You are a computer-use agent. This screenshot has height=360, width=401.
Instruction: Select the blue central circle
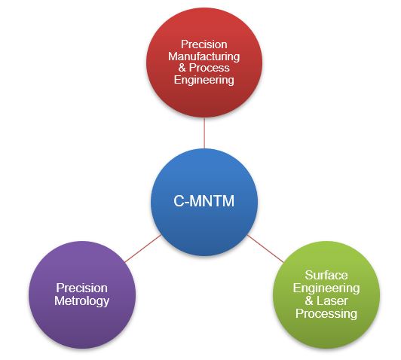[x=204, y=202]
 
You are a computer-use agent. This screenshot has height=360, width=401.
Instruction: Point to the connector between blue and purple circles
[x=142, y=249]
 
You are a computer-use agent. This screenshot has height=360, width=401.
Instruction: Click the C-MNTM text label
[x=204, y=202]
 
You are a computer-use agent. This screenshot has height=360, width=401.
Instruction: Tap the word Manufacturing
[x=204, y=56]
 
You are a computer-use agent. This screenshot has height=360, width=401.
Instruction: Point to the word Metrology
[x=81, y=301]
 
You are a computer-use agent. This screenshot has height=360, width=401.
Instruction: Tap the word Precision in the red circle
[x=204, y=44]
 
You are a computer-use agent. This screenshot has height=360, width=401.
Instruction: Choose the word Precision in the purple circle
[x=81, y=288]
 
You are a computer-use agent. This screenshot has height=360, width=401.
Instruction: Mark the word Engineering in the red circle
[x=204, y=80]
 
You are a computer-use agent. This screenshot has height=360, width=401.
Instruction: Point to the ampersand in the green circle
[x=311, y=301]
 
